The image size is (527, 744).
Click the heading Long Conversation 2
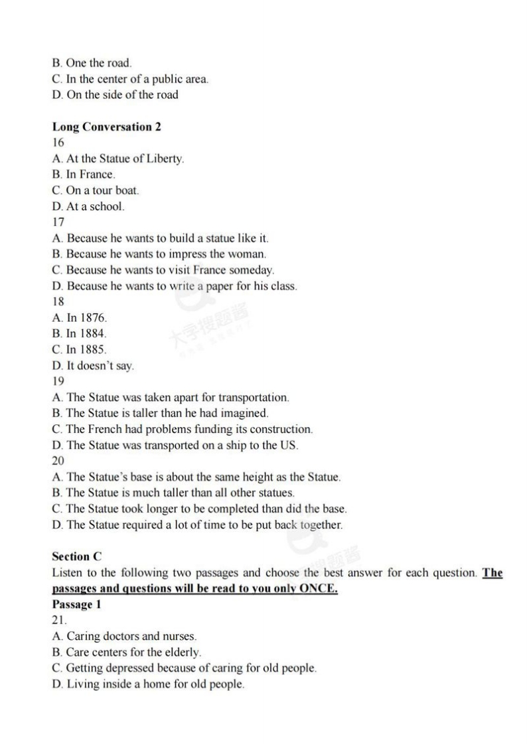click(x=106, y=127)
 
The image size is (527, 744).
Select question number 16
click(x=58, y=143)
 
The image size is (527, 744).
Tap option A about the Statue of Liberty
click(x=118, y=158)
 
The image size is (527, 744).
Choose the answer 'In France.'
click(x=84, y=174)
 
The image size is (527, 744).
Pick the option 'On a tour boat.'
click(x=96, y=190)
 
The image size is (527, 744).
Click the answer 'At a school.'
click(x=88, y=206)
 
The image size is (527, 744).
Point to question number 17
click(x=58, y=222)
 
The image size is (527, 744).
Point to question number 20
click(x=58, y=461)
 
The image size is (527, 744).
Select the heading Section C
click(x=77, y=556)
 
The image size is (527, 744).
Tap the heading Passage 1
click(x=76, y=605)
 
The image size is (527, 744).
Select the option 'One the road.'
click(x=92, y=63)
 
